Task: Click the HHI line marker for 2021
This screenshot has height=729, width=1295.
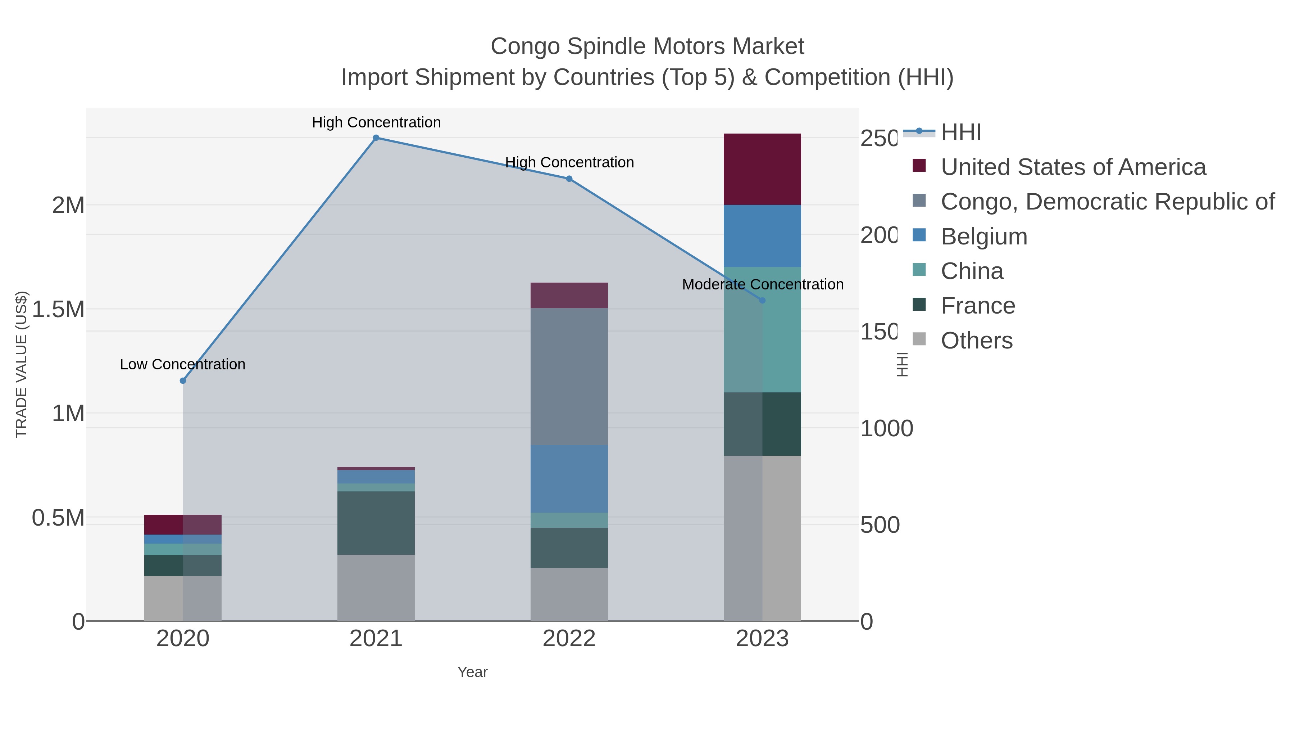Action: coord(376,138)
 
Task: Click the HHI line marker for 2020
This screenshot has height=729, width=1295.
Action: coord(183,381)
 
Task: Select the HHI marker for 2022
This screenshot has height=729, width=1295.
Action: coord(569,179)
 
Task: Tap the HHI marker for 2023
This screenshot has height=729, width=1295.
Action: coord(762,300)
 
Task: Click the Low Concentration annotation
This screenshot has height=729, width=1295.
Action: coord(182,364)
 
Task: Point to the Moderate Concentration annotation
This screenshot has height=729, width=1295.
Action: coord(762,284)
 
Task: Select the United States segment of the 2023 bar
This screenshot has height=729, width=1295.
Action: coord(762,169)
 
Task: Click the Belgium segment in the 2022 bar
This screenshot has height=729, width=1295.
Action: coord(569,478)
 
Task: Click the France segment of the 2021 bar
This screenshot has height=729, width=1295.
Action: coord(376,523)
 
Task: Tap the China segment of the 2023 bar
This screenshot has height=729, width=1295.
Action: coord(762,329)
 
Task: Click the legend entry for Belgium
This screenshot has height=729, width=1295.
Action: coord(983,237)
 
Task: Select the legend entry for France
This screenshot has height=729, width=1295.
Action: coord(977,306)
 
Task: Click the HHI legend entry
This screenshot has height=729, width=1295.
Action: coord(960,132)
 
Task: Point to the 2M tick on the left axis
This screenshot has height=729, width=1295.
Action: coord(68,205)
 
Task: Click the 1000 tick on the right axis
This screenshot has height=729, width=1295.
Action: coord(886,429)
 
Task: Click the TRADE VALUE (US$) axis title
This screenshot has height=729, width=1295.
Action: coord(21,364)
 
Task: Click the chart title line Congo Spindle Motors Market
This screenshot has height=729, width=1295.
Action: coord(647,46)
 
